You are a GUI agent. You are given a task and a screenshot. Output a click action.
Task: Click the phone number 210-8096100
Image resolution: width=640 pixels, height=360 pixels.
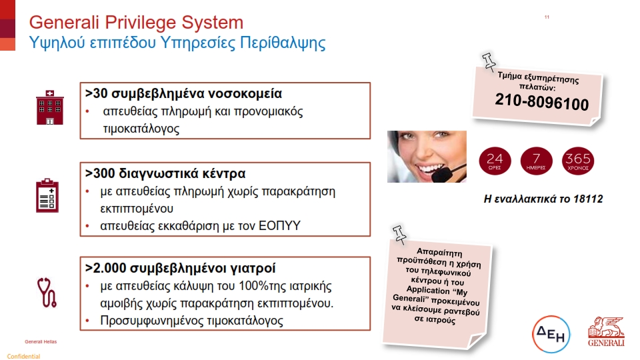[x=541, y=101]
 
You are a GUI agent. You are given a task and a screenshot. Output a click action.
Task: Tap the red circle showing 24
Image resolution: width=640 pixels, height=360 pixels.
[x=495, y=161]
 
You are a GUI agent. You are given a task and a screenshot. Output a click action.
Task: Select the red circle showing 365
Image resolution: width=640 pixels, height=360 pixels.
[x=578, y=161]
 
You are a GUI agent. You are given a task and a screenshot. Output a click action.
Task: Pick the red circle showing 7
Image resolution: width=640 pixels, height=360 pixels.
[x=536, y=161]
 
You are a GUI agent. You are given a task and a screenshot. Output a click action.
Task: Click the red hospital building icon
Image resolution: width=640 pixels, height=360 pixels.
[x=50, y=108]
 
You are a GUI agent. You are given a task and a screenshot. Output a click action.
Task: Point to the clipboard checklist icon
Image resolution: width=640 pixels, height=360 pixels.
[x=47, y=195]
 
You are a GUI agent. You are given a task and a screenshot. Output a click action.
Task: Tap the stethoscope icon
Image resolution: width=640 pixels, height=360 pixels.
[x=47, y=292]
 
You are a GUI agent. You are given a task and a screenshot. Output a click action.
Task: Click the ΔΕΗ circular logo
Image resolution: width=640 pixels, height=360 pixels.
[x=551, y=334]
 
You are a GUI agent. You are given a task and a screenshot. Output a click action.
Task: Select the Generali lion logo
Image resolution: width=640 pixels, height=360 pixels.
[x=606, y=331]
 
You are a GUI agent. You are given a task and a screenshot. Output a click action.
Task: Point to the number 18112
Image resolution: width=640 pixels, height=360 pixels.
[x=588, y=199]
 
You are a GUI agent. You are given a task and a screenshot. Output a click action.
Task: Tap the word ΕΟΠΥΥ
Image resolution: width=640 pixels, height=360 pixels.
[x=279, y=226]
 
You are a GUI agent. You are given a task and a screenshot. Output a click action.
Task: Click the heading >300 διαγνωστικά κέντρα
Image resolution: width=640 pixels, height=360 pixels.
[x=165, y=173]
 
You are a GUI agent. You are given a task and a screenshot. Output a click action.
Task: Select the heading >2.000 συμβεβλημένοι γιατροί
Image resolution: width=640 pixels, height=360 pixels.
[x=180, y=268]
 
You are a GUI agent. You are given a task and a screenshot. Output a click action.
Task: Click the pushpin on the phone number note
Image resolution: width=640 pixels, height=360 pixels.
[x=489, y=61]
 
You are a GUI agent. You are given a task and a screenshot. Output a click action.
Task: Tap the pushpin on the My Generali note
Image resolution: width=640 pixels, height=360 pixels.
[x=399, y=235]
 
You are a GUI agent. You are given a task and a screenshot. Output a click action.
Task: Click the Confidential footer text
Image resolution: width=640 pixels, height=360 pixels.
[x=24, y=356]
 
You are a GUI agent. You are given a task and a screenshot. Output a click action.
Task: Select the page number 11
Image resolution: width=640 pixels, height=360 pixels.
[x=547, y=17]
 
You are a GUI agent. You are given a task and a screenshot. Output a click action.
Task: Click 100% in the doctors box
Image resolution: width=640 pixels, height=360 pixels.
[x=253, y=286]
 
